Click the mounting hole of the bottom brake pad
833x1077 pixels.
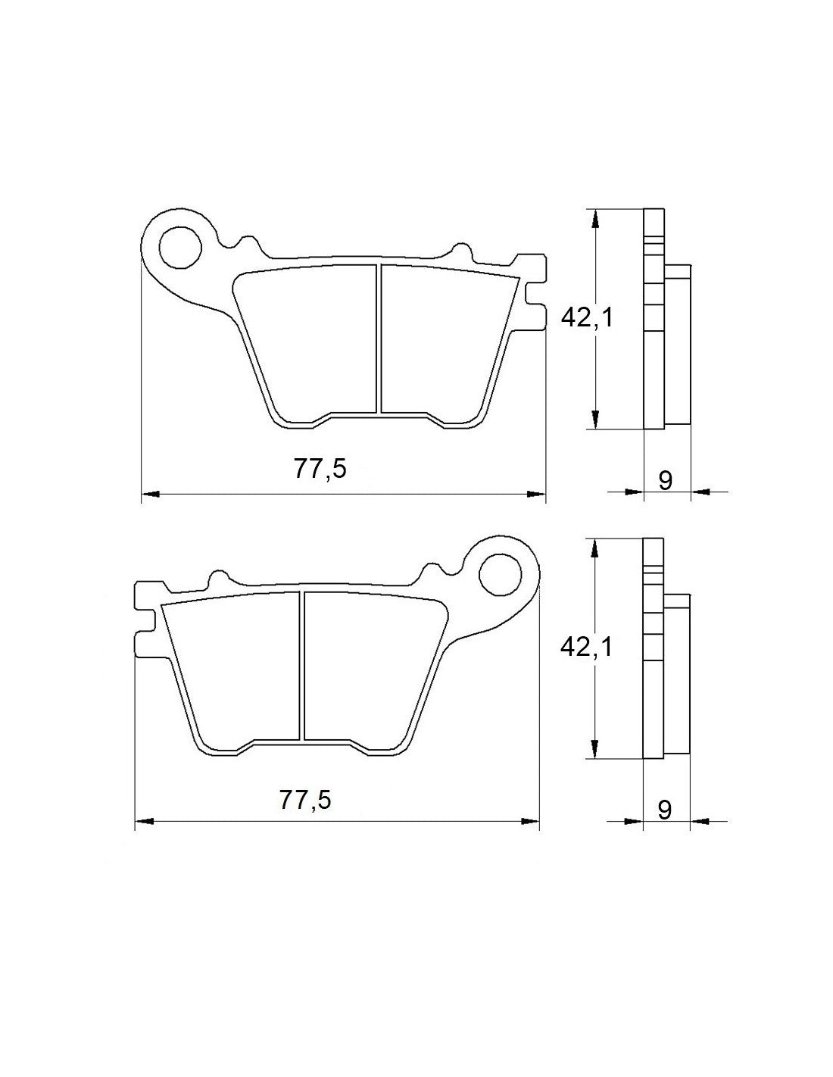pos(501,574)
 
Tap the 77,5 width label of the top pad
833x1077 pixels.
pos(320,470)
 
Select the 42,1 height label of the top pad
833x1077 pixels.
pos(585,318)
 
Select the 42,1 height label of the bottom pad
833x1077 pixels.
pos(585,646)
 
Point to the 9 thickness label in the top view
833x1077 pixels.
pos(666,480)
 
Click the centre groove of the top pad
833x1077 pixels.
pos(378,339)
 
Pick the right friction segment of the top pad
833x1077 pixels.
pos(447,341)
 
